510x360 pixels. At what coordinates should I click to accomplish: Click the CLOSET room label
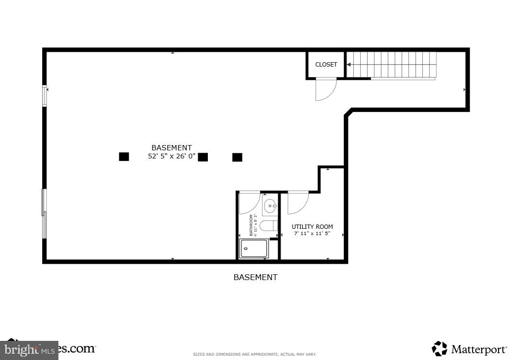tap(326, 65)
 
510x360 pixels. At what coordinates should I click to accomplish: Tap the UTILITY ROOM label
tap(312, 227)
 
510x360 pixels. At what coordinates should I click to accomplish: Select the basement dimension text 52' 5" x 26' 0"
tap(171, 156)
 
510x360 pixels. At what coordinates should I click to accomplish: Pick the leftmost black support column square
tap(124, 157)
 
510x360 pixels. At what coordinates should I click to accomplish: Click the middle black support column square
tap(203, 157)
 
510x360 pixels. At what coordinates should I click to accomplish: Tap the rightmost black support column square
tap(237, 157)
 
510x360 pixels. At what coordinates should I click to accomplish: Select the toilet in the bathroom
tap(269, 225)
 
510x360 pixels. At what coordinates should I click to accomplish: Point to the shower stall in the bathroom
tap(253, 248)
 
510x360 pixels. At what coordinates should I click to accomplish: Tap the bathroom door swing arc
tap(249, 202)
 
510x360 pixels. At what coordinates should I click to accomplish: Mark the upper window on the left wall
tap(45, 95)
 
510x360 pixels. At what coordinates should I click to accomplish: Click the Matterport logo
tap(469, 349)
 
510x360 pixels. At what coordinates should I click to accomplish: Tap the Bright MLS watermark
tap(29, 349)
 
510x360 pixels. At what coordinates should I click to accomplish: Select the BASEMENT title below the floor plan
tap(255, 277)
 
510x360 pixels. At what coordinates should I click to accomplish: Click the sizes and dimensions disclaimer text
tap(254, 354)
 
